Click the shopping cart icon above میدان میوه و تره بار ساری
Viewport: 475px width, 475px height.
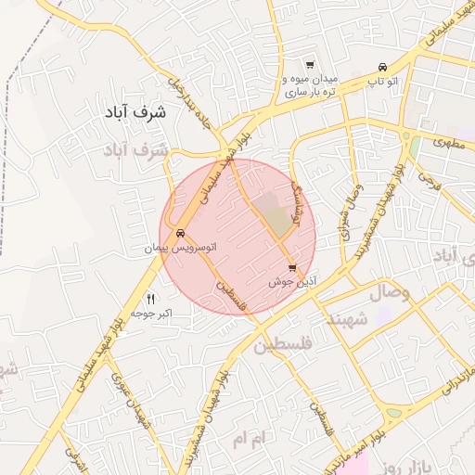tap(309, 66)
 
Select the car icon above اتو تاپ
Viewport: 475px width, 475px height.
tap(383, 67)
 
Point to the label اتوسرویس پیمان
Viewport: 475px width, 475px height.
tap(179, 249)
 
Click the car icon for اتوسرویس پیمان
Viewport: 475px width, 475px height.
tap(180, 233)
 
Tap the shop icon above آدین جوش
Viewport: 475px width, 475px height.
tap(292, 267)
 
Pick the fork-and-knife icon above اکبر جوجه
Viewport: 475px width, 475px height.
tap(151, 299)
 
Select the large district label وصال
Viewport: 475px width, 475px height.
tap(391, 292)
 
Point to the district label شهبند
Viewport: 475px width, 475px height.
tap(346, 318)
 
